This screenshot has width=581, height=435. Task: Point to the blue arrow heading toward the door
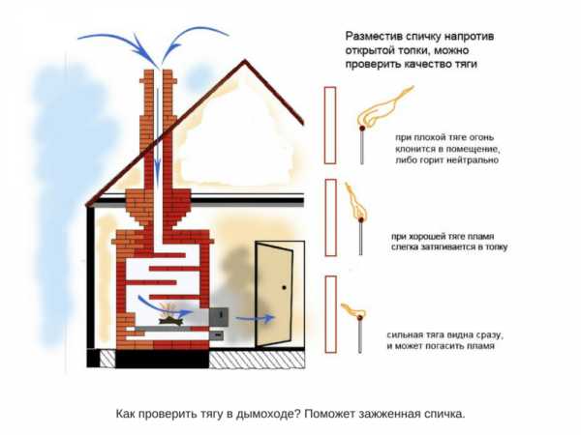click(x=256, y=316)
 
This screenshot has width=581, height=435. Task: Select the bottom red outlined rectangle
click(x=330, y=314)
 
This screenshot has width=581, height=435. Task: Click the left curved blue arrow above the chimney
click(x=112, y=40)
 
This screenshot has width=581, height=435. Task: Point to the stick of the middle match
click(x=361, y=238)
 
